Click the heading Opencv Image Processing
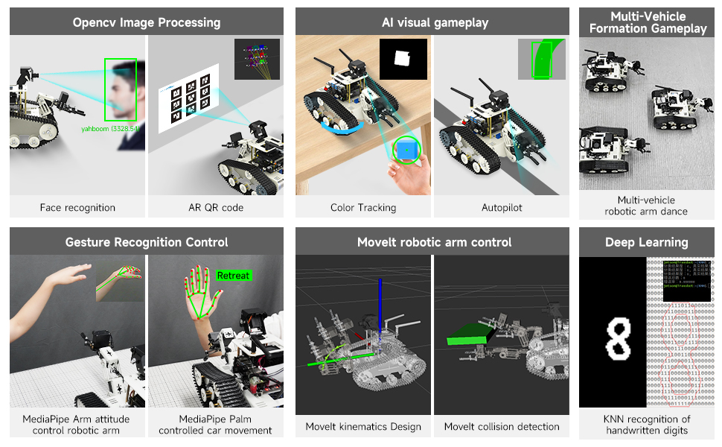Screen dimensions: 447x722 (x=146, y=22)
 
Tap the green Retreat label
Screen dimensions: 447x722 (x=234, y=276)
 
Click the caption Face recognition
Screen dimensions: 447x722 (x=77, y=207)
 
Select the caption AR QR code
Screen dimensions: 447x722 (x=216, y=207)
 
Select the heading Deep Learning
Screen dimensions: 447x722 (x=646, y=242)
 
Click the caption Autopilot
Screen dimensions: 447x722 (x=502, y=207)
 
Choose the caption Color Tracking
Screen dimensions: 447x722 (x=362, y=207)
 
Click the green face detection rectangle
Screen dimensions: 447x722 (x=121, y=89)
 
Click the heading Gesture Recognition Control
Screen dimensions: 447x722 (x=146, y=242)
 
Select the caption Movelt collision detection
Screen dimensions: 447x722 (x=502, y=426)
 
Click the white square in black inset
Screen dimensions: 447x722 (x=403, y=58)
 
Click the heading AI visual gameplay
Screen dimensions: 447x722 (x=434, y=22)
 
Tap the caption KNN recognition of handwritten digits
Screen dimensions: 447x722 (x=646, y=425)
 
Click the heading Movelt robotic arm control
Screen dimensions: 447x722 (x=434, y=242)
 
